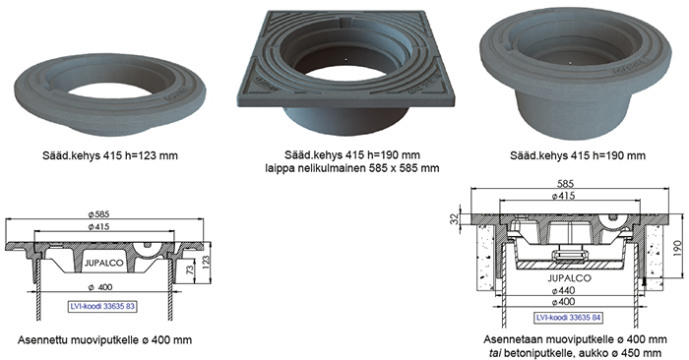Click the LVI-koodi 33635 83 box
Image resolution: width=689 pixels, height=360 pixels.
point(102,306)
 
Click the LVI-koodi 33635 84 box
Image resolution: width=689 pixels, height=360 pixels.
point(569,318)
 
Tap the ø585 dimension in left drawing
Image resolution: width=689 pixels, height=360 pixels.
point(98,214)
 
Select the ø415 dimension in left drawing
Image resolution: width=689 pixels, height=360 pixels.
point(98,226)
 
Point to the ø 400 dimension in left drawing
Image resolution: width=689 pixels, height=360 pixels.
point(100,287)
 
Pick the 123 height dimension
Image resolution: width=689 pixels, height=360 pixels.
point(207,263)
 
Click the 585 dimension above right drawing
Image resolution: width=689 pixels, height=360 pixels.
point(565,184)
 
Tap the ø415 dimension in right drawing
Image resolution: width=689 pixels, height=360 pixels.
point(563,196)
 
